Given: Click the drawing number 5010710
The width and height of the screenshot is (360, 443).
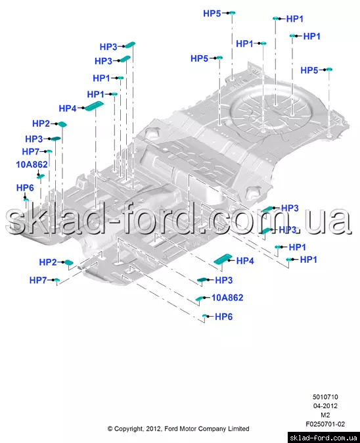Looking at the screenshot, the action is pyautogui.click(x=325, y=397).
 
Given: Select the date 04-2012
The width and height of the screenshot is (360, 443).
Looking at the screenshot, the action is pyautogui.click(x=325, y=406).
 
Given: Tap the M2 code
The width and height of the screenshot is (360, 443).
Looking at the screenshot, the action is pyautogui.click(x=325, y=415).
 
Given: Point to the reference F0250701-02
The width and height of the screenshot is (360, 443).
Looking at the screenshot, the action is pyautogui.click(x=325, y=424).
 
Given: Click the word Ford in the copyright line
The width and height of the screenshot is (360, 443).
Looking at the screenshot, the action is pyautogui.click(x=171, y=429).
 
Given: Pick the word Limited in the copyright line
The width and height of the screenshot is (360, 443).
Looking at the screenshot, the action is pyautogui.click(x=238, y=429).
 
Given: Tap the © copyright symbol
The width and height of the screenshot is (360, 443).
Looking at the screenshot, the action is pyautogui.click(x=110, y=429).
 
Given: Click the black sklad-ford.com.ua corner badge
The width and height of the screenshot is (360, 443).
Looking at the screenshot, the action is pyautogui.click(x=324, y=438).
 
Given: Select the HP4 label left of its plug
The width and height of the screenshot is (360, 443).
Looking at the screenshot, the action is pyautogui.click(x=68, y=108).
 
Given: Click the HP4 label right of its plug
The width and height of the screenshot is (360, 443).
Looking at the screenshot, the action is pyautogui.click(x=245, y=261).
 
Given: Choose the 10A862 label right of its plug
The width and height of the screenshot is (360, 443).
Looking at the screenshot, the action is pyautogui.click(x=227, y=298).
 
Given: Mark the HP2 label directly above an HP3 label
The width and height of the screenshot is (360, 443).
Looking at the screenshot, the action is pyautogui.click(x=41, y=124).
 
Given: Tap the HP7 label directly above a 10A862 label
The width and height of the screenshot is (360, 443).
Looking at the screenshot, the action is pyautogui.click(x=30, y=152).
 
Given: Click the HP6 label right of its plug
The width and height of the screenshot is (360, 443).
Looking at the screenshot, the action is pyautogui.click(x=223, y=317).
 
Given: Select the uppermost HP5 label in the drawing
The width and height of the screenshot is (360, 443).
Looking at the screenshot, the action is pyautogui.click(x=212, y=13).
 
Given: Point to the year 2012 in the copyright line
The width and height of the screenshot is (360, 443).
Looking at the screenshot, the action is pyautogui.click(x=153, y=429).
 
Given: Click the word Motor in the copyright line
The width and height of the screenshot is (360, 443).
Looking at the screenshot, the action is pyautogui.click(x=188, y=429).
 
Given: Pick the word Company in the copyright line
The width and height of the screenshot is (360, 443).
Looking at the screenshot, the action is pyautogui.click(x=211, y=429).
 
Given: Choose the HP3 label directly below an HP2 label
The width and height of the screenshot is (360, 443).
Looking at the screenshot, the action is pyautogui.click(x=34, y=139).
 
